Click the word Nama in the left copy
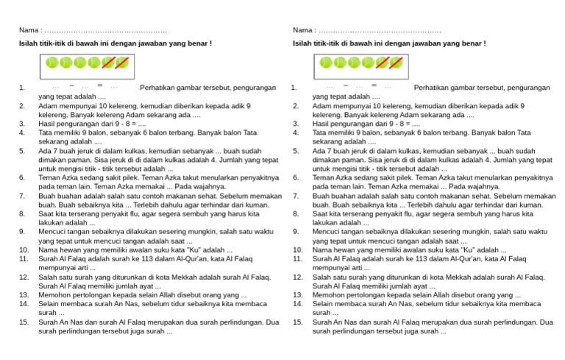pos(28,30)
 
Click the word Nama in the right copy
pos(302,30)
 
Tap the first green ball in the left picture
pos(52,63)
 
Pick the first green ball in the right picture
pos(326,63)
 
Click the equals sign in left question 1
pos(100,85)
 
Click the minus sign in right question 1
pos(347,85)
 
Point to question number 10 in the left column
pos(24,250)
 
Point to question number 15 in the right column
pos(297,322)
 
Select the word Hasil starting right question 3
pos(321,124)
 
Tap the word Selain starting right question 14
pos(324,304)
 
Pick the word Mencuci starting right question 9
pos(327,232)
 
